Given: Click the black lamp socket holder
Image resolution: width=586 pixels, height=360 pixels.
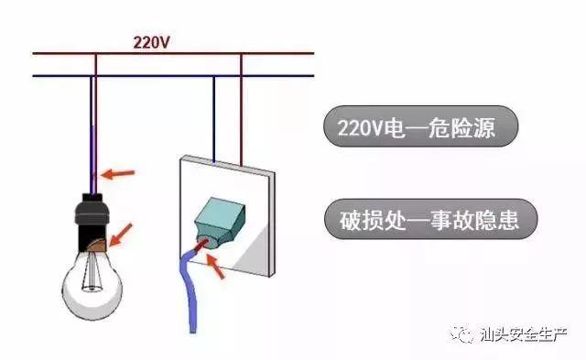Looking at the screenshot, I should [92, 217].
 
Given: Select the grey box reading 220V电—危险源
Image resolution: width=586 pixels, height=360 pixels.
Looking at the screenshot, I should [421, 128].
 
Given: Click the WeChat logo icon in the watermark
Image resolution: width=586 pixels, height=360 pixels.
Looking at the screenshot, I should [467, 333].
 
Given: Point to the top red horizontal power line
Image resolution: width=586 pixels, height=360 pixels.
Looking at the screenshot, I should [174, 54].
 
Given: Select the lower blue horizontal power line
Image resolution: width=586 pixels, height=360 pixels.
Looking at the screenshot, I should [174, 75].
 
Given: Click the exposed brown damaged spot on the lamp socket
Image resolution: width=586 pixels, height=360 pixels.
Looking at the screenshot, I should [94, 244].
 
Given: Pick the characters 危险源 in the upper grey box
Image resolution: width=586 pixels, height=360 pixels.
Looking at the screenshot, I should [467, 128].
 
